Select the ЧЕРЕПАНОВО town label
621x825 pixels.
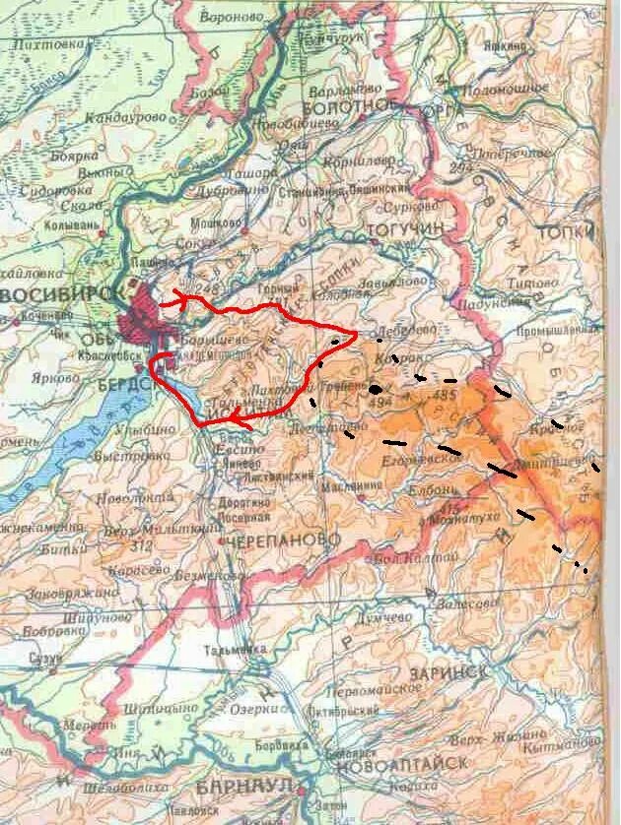click(283, 541)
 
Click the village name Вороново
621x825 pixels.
click(233, 18)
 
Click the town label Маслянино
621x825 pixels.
click(356, 485)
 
